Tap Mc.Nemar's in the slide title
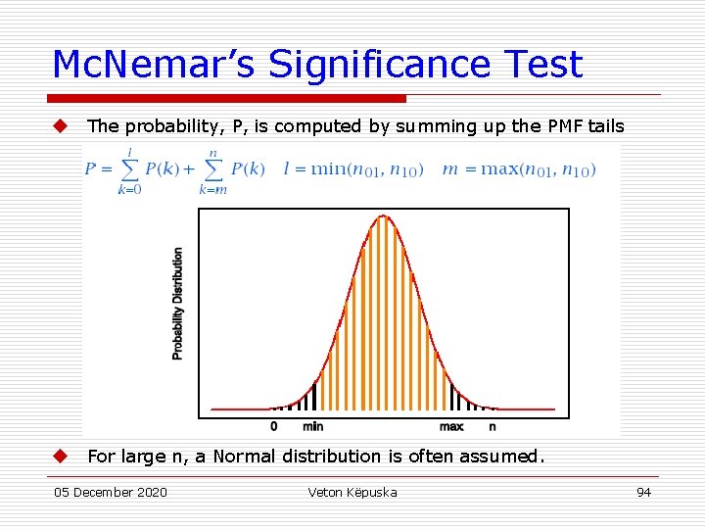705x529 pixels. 155,65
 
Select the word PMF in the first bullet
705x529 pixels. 565,125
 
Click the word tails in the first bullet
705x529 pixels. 604,125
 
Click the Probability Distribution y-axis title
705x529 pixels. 177,304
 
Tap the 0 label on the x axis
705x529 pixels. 273,426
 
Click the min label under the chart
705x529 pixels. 312,426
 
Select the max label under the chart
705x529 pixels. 451,426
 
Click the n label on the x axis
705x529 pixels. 493,426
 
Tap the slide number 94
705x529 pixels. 643,492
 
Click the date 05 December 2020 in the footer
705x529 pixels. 111,492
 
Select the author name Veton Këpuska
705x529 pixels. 352,492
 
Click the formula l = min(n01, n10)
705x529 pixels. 353,168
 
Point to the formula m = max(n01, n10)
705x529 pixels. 518,168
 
